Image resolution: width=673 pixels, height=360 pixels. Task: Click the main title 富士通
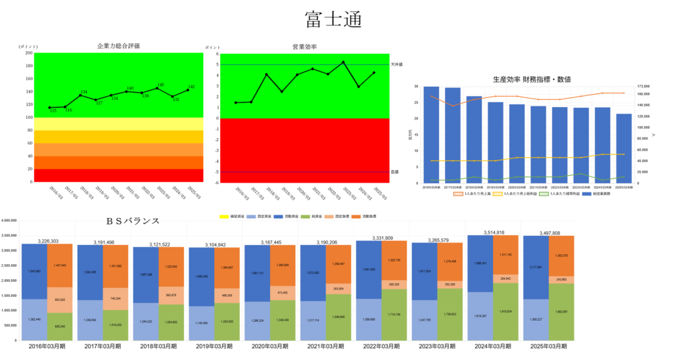pos(333,19)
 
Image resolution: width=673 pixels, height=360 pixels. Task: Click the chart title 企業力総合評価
pos(118,46)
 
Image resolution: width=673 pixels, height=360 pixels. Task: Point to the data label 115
pos(53,111)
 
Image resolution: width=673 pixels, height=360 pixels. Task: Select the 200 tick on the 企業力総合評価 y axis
pos(29,53)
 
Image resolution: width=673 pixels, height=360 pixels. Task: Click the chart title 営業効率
pos(304,47)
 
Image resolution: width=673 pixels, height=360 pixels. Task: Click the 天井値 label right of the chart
pos(397,64)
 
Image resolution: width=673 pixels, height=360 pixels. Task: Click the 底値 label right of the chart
pos(395,171)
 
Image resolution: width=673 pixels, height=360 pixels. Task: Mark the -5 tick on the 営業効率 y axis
pos(216,172)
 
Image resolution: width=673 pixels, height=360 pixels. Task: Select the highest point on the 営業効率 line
pos(343,62)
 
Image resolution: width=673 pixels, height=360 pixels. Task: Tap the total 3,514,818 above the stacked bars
pos(490,233)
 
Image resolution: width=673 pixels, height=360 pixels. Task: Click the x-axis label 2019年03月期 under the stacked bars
pos(210,346)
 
